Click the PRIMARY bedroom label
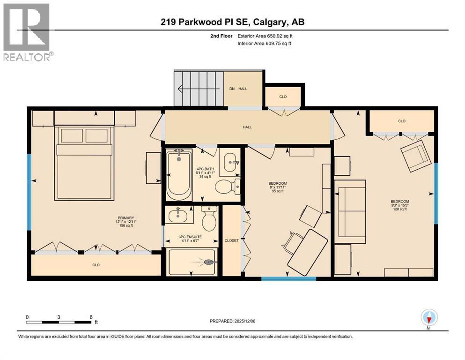[x=126, y=217]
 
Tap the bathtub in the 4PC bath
[x=179, y=175]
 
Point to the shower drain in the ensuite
[x=209, y=262]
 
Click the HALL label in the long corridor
[x=247, y=127]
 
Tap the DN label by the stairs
[x=232, y=89]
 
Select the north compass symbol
[x=429, y=318]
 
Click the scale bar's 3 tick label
[x=59, y=317]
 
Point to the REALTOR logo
[x=27, y=32]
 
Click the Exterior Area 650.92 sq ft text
[x=265, y=36]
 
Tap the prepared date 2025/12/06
[x=244, y=321]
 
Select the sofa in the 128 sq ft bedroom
[x=350, y=208]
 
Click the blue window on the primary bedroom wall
[x=29, y=192]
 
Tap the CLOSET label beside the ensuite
[x=231, y=240]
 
